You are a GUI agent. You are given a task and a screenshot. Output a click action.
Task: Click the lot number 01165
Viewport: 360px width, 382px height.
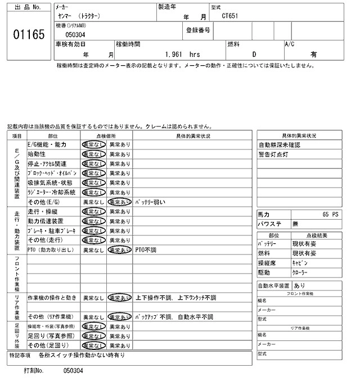[28, 35]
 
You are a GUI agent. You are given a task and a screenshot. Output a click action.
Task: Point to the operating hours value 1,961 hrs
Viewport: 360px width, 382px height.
[183, 54]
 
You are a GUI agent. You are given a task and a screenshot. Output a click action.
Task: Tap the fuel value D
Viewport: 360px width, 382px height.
[254, 54]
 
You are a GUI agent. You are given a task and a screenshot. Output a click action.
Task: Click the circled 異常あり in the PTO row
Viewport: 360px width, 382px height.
[119, 249]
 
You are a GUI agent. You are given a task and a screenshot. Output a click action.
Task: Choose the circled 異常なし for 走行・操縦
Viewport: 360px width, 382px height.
[93, 211]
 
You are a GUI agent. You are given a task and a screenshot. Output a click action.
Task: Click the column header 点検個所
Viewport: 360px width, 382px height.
[106, 135]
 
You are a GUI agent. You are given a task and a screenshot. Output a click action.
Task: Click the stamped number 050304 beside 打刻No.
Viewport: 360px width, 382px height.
[73, 371]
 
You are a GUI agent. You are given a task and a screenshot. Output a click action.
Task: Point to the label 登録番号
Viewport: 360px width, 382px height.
[198, 30]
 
